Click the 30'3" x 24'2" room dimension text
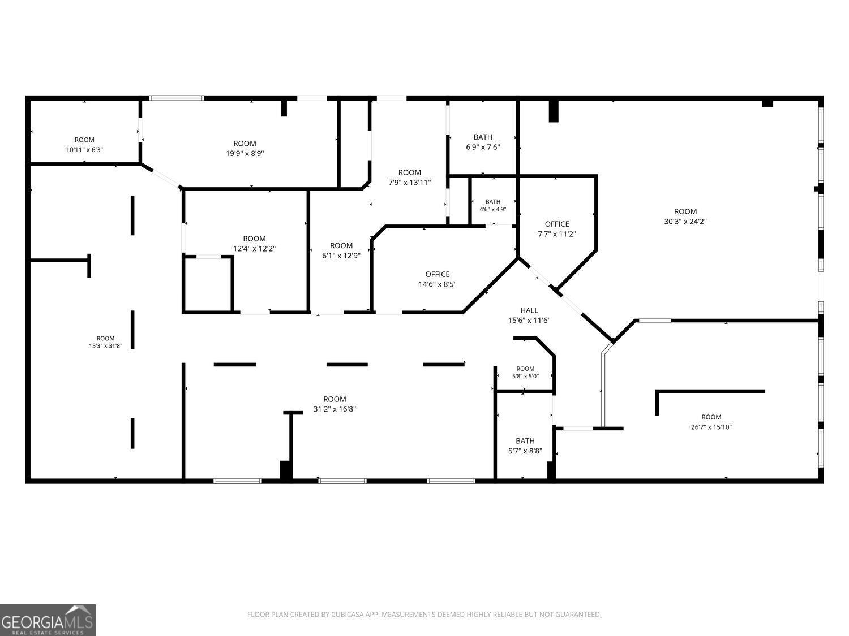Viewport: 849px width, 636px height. (x=685, y=222)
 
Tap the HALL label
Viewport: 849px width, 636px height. (x=529, y=310)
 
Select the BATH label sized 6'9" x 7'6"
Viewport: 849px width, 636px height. (x=483, y=137)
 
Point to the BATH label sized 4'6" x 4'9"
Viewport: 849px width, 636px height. (x=493, y=202)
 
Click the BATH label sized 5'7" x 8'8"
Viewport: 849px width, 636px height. (x=525, y=440)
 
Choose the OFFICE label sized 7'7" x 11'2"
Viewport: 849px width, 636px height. (x=557, y=224)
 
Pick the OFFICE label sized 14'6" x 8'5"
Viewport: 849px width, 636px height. (x=438, y=274)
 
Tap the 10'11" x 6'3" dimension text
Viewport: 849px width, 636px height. (x=84, y=149)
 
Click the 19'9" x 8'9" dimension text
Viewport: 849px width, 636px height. (x=245, y=153)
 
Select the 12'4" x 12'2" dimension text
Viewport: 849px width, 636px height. (x=255, y=249)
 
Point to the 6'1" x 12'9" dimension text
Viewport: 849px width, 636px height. (x=341, y=256)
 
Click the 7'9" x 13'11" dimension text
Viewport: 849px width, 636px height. (x=410, y=182)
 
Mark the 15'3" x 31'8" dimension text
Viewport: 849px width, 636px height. (x=106, y=346)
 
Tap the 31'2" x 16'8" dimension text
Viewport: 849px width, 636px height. (x=335, y=409)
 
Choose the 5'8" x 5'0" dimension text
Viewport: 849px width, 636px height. (x=525, y=376)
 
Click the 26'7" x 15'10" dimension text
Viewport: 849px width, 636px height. (x=711, y=427)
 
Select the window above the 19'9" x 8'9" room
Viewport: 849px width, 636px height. (x=177, y=98)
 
